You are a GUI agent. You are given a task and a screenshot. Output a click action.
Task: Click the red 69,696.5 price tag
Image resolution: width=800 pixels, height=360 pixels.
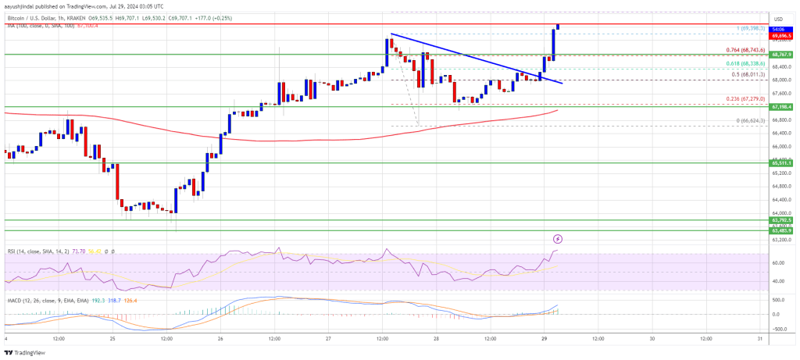[x=782, y=36]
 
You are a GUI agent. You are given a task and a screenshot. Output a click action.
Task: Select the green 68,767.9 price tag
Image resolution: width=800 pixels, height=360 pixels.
[x=782, y=55]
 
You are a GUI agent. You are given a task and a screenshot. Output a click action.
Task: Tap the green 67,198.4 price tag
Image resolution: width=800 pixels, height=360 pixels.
[x=782, y=106]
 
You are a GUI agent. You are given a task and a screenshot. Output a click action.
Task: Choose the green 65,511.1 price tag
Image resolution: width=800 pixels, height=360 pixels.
[x=782, y=163]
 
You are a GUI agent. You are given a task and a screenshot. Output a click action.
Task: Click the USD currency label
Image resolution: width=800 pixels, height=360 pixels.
[x=778, y=19]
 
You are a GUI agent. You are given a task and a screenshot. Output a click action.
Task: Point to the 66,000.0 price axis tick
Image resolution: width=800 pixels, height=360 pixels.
[x=782, y=146]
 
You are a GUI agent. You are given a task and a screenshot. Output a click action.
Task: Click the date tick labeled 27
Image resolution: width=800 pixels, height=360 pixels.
[x=329, y=339]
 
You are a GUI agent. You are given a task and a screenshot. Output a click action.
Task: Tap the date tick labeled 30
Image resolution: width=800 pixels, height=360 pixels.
[x=652, y=339]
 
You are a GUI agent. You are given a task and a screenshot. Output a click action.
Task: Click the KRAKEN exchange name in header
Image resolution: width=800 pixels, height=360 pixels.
[x=92, y=15]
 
